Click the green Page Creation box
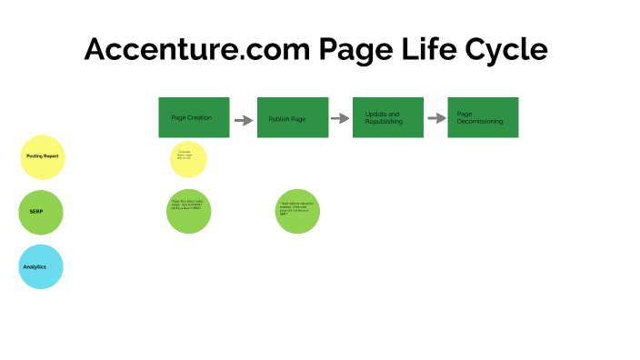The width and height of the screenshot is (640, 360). (x=194, y=117)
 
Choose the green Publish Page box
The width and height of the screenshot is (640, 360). (x=293, y=117)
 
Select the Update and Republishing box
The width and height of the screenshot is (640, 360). (x=388, y=117)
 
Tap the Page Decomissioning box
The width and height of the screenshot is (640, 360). (x=483, y=117)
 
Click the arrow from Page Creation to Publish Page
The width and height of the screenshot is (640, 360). (x=243, y=120)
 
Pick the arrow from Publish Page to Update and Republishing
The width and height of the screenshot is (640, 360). (x=340, y=118)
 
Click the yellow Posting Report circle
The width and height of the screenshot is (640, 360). (x=42, y=156)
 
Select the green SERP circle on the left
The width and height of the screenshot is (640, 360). (x=42, y=212)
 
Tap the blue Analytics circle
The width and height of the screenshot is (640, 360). (x=42, y=266)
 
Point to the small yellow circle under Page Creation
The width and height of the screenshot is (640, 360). (x=188, y=158)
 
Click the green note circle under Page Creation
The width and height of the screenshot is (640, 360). (x=188, y=210)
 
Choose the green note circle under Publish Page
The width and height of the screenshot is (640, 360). (x=297, y=211)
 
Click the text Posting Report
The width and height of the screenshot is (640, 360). (x=42, y=156)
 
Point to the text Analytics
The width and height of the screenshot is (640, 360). (x=35, y=266)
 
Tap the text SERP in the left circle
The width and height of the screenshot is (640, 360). (x=36, y=212)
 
